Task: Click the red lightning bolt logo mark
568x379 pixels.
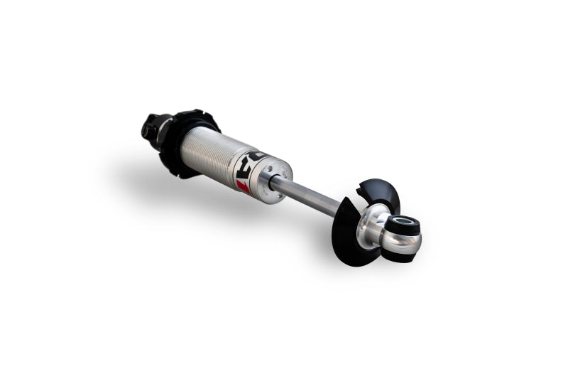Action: coord(243,186)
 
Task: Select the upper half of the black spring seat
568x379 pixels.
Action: coord(381,193)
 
